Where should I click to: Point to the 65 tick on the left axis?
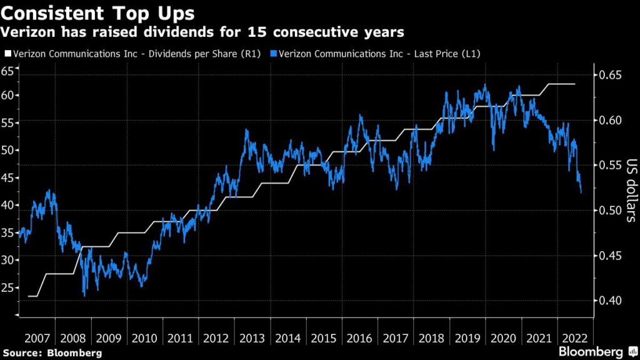(7, 71)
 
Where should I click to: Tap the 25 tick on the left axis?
(7, 287)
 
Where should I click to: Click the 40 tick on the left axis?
(7, 205)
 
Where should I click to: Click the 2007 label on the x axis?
(37, 338)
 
